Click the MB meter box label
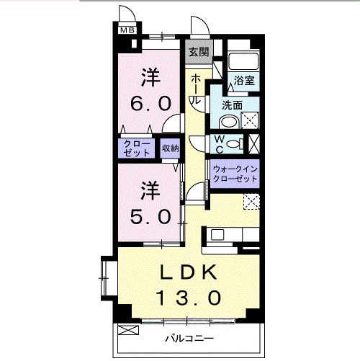tap(127, 30)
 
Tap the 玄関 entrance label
tap(199, 51)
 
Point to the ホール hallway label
tap(196, 89)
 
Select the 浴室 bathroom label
tap(243, 81)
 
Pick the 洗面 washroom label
tap(231, 104)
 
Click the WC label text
tap(217, 144)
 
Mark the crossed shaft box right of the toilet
tap(252, 144)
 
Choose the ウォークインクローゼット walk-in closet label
tap(234, 174)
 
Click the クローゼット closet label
tap(137, 148)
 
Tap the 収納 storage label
tap(170, 148)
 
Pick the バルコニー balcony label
tap(189, 338)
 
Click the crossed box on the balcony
tap(127, 331)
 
